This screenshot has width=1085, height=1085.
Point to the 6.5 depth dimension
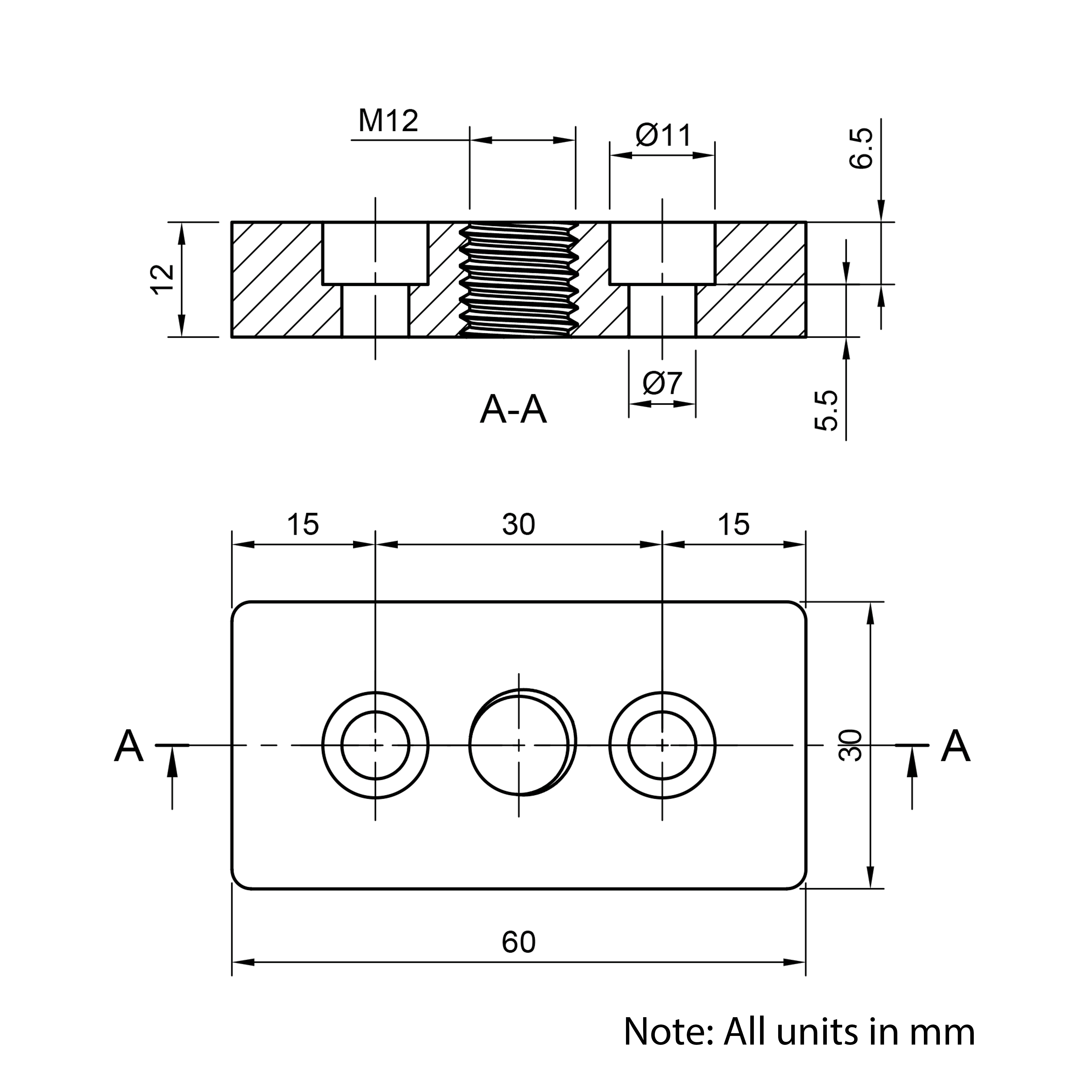tap(861, 148)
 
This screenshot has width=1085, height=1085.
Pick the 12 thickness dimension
tap(163, 279)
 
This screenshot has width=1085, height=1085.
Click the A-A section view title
tap(513, 409)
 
